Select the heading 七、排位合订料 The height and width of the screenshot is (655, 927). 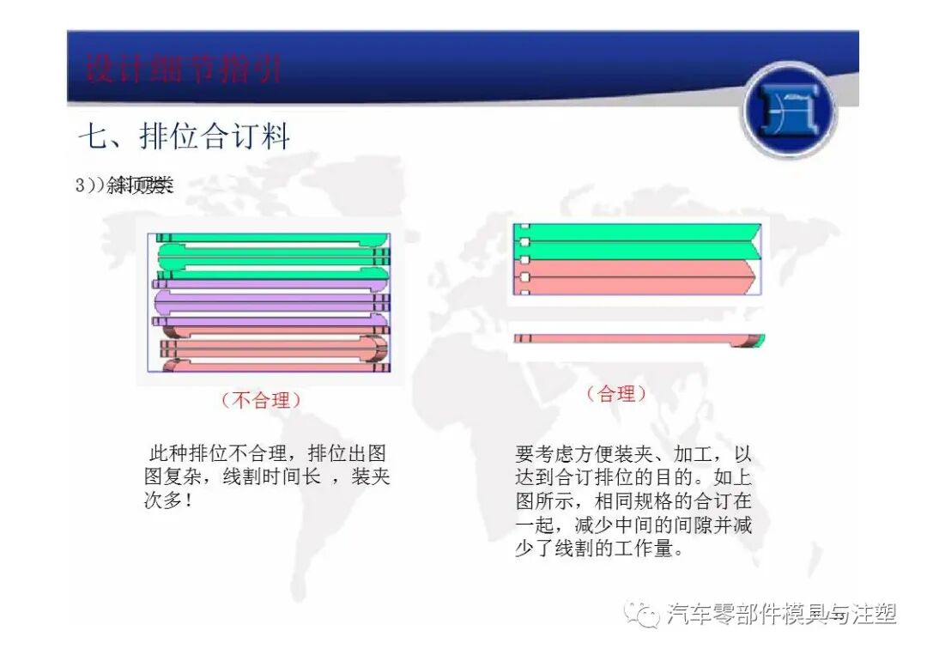pyautogui.click(x=185, y=137)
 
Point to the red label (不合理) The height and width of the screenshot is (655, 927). pyautogui.click(x=261, y=400)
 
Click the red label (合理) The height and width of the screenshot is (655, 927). pyautogui.click(x=616, y=394)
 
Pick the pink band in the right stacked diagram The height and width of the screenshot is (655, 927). pyautogui.click(x=635, y=276)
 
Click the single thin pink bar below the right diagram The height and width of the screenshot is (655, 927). pyautogui.click(x=627, y=339)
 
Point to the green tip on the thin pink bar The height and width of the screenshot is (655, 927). pyautogui.click(x=760, y=340)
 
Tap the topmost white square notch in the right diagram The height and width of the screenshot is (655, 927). pyautogui.click(x=524, y=227)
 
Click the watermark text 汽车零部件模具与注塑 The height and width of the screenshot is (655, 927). pyautogui.click(x=781, y=614)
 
